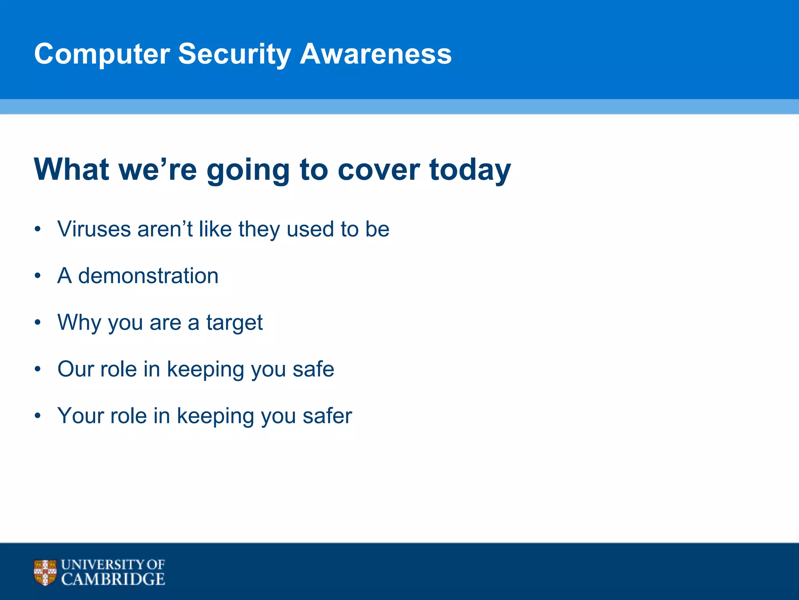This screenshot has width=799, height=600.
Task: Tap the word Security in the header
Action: click(x=234, y=54)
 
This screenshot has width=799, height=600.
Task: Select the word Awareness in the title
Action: click(x=375, y=54)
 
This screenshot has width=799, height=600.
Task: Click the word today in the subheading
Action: click(x=470, y=170)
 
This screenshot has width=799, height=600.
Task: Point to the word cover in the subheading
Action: click(x=378, y=170)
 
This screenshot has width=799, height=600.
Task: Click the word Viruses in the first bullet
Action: click(x=94, y=229)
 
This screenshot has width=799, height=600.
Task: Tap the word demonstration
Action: click(x=148, y=276)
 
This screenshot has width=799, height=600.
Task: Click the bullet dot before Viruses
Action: click(x=37, y=230)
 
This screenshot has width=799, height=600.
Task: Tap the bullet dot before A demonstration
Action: click(x=37, y=276)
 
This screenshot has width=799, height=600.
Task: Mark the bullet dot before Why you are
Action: click(x=37, y=323)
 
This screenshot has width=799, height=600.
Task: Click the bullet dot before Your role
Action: click(x=37, y=416)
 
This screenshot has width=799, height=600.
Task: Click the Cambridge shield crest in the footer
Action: click(x=45, y=572)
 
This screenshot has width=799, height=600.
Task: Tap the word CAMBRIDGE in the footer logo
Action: click(x=113, y=579)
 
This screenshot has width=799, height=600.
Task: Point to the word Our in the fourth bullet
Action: click(x=76, y=369)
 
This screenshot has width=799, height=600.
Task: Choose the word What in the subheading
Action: click(x=71, y=170)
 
